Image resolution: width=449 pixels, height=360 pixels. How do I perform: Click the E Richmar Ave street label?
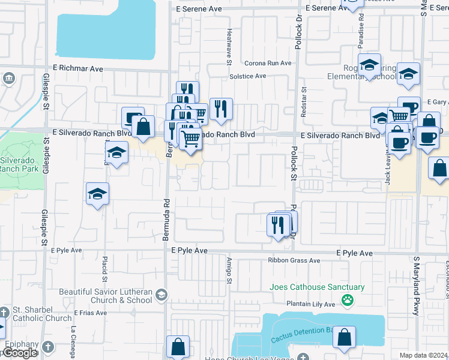click(x=79, y=69)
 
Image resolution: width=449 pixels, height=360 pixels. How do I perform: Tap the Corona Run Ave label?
click(x=268, y=63)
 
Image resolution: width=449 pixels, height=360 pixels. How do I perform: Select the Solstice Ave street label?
click(x=247, y=76)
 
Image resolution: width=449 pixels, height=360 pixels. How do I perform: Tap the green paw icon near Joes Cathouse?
click(x=347, y=299)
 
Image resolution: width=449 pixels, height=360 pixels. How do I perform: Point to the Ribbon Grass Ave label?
click(x=294, y=260)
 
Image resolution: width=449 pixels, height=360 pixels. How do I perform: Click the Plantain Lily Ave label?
click(x=310, y=304)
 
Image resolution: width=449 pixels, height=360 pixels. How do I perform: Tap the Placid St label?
click(x=104, y=268)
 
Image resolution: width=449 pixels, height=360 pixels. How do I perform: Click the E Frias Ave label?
click(x=91, y=313)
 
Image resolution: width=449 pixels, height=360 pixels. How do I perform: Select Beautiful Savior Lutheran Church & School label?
click(x=106, y=296)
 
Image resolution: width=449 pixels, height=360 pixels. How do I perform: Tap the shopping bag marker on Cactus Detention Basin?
click(x=345, y=338)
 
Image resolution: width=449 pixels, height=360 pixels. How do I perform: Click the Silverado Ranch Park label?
click(x=20, y=164)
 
